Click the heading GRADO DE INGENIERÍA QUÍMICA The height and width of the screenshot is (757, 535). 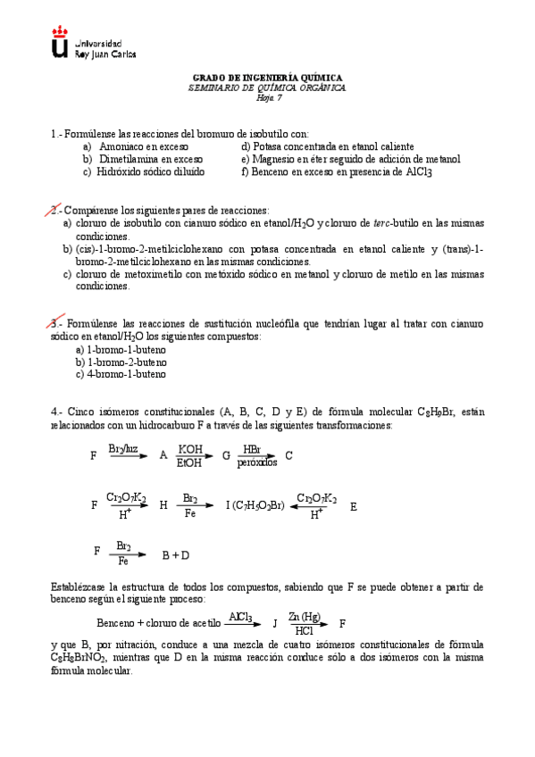pos(268,79)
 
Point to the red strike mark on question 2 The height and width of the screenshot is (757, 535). pos(54,210)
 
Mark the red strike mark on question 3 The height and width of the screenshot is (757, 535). pos(54,323)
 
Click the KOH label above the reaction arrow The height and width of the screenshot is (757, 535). pos(190,448)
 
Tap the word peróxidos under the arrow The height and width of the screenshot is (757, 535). pos(257,462)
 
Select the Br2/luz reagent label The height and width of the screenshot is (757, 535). pos(123,448)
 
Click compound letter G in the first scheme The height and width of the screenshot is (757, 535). pos(226,455)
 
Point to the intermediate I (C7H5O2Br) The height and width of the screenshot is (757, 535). pos(255,506)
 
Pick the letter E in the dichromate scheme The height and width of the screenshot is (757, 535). pos(354,506)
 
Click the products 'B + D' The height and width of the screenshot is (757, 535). pos(175,555)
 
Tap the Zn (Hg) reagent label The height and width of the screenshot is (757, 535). pos(305,617)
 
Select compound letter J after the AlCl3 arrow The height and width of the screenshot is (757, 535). pos(275,623)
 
